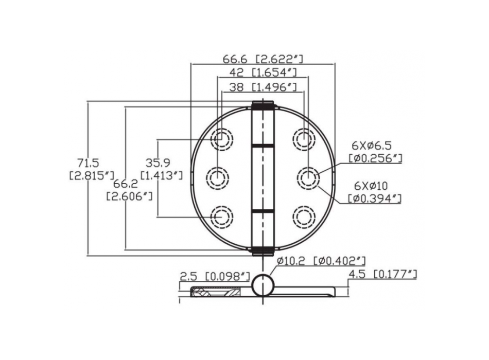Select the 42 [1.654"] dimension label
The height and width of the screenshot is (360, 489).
pyautogui.click(x=263, y=73)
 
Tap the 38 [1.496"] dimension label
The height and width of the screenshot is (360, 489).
pyautogui.click(x=263, y=87)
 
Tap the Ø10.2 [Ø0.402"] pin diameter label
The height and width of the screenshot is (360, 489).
pyautogui.click(x=320, y=261)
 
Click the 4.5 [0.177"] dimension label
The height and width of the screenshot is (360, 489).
pyautogui.click(x=382, y=275)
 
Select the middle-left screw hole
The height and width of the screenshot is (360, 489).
pyautogui.click(x=218, y=178)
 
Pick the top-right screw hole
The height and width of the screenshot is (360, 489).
pyautogui.click(x=304, y=138)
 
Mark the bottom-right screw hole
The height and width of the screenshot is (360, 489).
pyautogui.click(x=304, y=217)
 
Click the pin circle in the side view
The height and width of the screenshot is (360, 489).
pyautogui.click(x=263, y=285)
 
